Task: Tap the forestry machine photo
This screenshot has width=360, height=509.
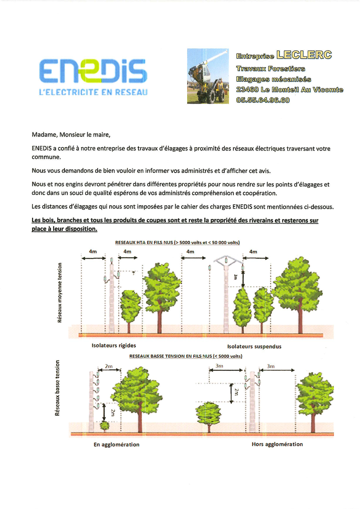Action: (x=208, y=76)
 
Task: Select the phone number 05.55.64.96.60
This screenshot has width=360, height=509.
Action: (x=263, y=100)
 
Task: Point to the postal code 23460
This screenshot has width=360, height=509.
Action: (x=247, y=90)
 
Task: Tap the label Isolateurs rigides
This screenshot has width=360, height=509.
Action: (x=114, y=346)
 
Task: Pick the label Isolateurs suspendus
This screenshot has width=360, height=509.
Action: (x=254, y=347)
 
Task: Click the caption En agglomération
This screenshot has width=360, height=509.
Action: (x=116, y=445)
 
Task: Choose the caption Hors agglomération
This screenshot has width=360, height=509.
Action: (x=277, y=444)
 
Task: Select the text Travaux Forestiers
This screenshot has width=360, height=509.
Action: (x=270, y=69)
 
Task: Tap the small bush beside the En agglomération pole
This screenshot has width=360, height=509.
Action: (x=104, y=426)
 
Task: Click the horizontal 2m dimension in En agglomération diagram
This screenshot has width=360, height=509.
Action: (x=109, y=366)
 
